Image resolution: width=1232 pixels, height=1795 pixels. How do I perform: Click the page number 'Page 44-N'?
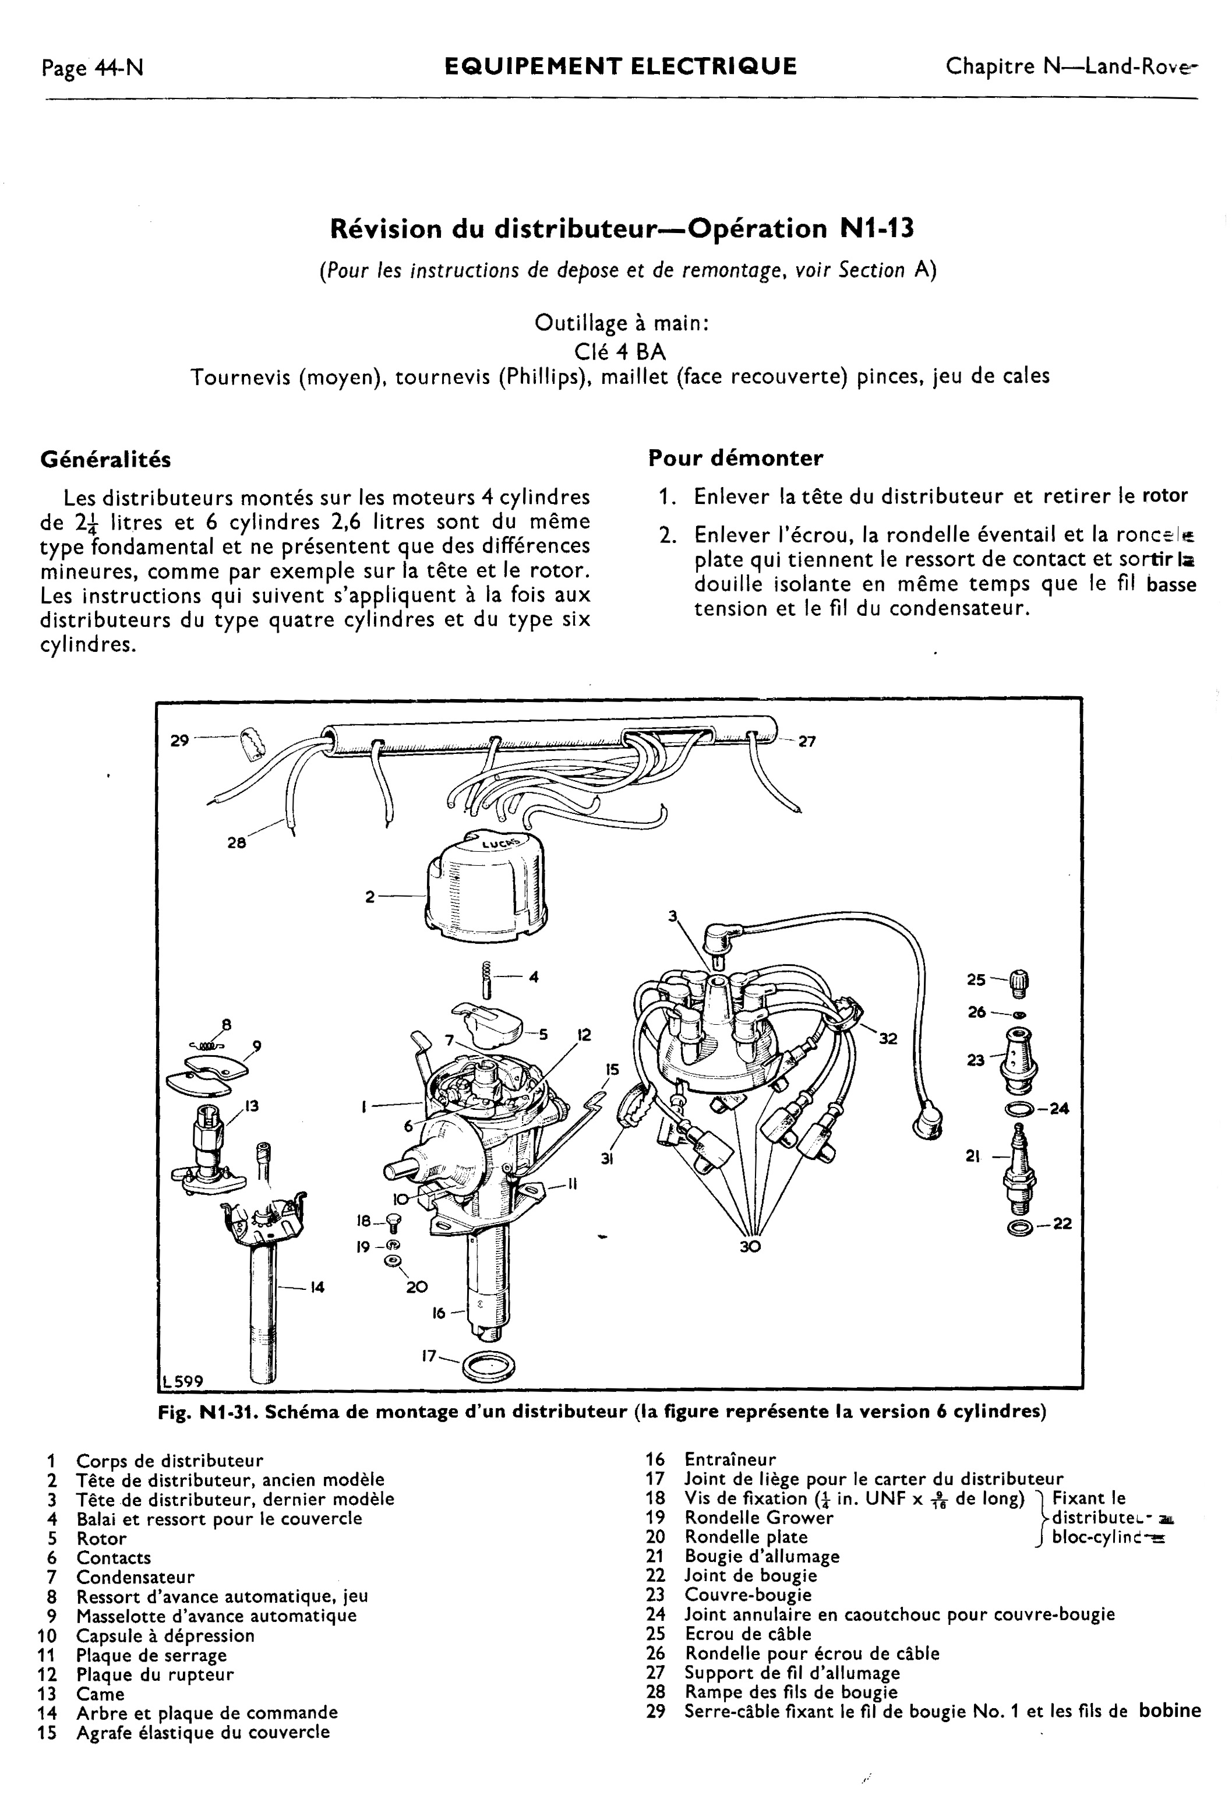coord(93,68)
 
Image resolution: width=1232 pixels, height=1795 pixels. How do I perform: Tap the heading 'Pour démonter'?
coord(735,458)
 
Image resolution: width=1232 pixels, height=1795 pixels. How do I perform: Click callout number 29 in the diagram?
coord(179,740)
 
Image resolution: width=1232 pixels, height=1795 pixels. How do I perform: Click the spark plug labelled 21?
coord(1019,1169)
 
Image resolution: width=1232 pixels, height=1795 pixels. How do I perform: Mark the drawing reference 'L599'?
coord(182,1381)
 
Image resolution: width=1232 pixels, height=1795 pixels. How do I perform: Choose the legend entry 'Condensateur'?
coord(135,1577)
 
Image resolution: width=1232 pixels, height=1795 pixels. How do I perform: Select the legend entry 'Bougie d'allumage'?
coord(761,1556)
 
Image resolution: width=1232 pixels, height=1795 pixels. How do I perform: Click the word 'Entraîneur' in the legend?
coord(730,1460)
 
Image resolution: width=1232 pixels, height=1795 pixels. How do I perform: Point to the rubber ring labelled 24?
coord(1019,1110)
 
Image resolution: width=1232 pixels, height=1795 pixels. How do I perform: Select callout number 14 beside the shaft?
coord(317,1287)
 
